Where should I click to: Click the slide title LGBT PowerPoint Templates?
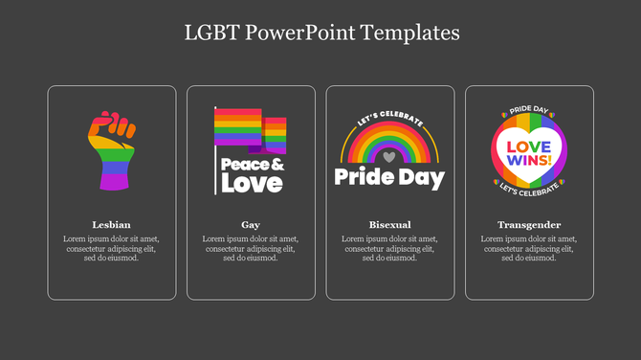pos(321,33)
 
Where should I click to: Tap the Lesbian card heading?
pos(112,224)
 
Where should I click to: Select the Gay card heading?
pos(251,224)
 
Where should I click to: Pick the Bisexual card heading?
pos(389,224)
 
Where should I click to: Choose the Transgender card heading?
pos(529,224)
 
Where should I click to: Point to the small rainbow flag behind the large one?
pos(276,135)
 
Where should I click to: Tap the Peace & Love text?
pos(251,173)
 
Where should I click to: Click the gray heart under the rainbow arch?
pos(388,153)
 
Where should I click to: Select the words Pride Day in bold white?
pos(389,177)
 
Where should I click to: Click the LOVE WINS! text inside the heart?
pos(529,152)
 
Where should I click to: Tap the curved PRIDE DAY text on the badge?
pos(529,111)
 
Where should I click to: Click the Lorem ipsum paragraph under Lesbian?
pos(112,248)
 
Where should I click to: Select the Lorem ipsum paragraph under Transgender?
pos(529,248)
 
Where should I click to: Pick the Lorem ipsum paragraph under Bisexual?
pos(389,248)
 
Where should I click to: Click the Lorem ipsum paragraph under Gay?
pos(251,248)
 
